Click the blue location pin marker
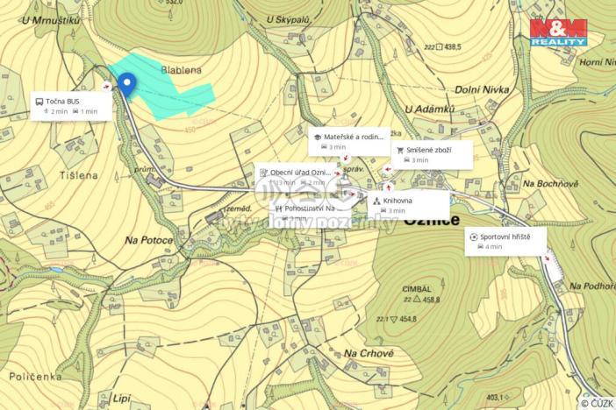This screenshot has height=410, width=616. [127, 85]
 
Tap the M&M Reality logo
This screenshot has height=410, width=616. [558, 32]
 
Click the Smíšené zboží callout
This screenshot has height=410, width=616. [431, 154]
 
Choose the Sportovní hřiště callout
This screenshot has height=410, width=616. [505, 241]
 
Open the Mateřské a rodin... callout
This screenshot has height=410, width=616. [349, 142]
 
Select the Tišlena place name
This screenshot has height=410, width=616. [77, 175]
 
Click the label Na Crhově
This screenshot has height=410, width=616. [369, 353]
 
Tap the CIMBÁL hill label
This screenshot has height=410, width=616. [416, 288]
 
